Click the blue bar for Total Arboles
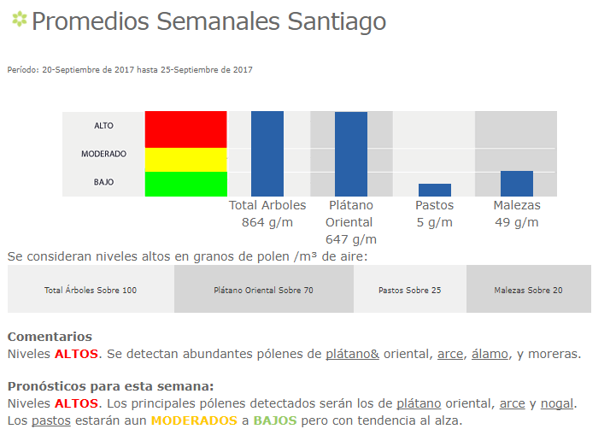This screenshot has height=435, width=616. [x=267, y=154]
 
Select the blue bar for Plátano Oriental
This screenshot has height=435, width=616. [x=351, y=154]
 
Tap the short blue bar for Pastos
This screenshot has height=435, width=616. [x=434, y=190]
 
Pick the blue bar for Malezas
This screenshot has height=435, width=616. [x=516, y=184]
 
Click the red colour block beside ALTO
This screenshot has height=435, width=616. [x=185, y=129]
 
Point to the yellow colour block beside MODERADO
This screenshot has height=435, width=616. [x=185, y=160]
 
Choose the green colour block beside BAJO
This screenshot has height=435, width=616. [x=185, y=184]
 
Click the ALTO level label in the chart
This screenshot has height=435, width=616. [x=103, y=126]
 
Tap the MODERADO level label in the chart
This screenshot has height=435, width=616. [x=103, y=155]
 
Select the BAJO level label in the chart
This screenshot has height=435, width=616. [x=103, y=182]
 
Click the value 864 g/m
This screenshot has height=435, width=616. [x=267, y=222]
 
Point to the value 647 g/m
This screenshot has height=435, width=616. [x=351, y=239]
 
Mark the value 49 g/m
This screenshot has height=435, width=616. [x=517, y=222]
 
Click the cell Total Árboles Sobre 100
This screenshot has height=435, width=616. [x=91, y=291]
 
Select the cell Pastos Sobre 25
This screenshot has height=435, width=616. [x=410, y=291]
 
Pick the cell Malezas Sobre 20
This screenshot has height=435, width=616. [x=528, y=291]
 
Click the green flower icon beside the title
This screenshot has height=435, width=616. [x=19, y=20]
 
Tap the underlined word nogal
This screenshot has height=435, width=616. [x=560, y=403]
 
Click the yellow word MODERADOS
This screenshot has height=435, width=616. [x=193, y=421]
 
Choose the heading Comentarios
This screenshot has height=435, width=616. [x=50, y=337]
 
